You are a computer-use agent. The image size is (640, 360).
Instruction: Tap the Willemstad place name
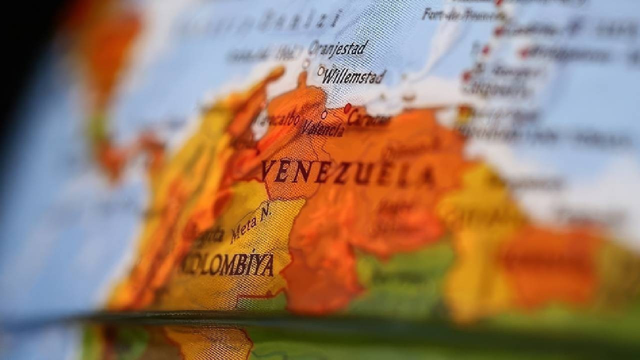tap(354, 76)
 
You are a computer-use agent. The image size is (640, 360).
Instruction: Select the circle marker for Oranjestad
tap(305, 64)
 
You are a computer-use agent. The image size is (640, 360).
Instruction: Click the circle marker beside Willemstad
tap(321, 71)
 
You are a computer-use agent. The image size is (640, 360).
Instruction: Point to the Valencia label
tap(322, 129)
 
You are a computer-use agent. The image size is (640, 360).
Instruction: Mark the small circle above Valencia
tap(324, 114)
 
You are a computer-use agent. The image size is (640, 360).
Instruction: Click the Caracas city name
tap(369, 119)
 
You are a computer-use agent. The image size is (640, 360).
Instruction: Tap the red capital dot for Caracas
tap(347, 107)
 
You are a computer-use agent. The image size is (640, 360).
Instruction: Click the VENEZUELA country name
tap(347, 172)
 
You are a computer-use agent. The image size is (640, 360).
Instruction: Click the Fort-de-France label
tap(463, 14)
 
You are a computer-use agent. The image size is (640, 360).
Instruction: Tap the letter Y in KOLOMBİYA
tap(255, 265)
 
